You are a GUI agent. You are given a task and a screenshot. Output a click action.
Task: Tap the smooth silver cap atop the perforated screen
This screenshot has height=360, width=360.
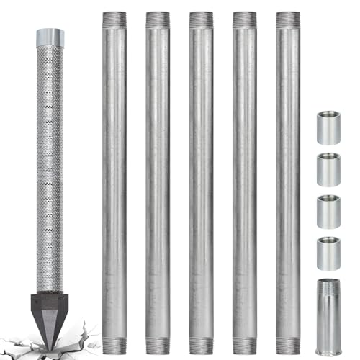50,37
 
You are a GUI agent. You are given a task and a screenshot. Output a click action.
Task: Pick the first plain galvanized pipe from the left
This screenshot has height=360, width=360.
114,180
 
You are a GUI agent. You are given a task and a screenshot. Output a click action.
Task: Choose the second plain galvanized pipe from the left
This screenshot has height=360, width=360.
158,180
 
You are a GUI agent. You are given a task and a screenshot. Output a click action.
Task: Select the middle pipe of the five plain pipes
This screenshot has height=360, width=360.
201,180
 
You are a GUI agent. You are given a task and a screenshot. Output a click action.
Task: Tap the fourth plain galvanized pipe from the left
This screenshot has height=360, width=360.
244,180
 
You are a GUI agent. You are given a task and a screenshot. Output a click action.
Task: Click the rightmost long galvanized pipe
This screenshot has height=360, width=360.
287,180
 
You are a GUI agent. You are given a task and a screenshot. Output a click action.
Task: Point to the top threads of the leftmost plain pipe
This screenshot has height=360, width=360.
114,20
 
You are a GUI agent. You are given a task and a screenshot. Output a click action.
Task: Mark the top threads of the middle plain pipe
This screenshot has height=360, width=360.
201,20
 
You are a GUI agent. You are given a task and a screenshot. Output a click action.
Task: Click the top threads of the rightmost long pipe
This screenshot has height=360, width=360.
287,20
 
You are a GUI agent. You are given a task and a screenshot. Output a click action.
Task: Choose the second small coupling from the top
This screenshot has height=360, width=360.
329,169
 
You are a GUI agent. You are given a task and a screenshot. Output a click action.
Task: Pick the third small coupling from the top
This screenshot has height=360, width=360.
329,212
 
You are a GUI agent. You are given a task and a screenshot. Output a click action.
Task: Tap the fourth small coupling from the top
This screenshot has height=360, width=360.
329,253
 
